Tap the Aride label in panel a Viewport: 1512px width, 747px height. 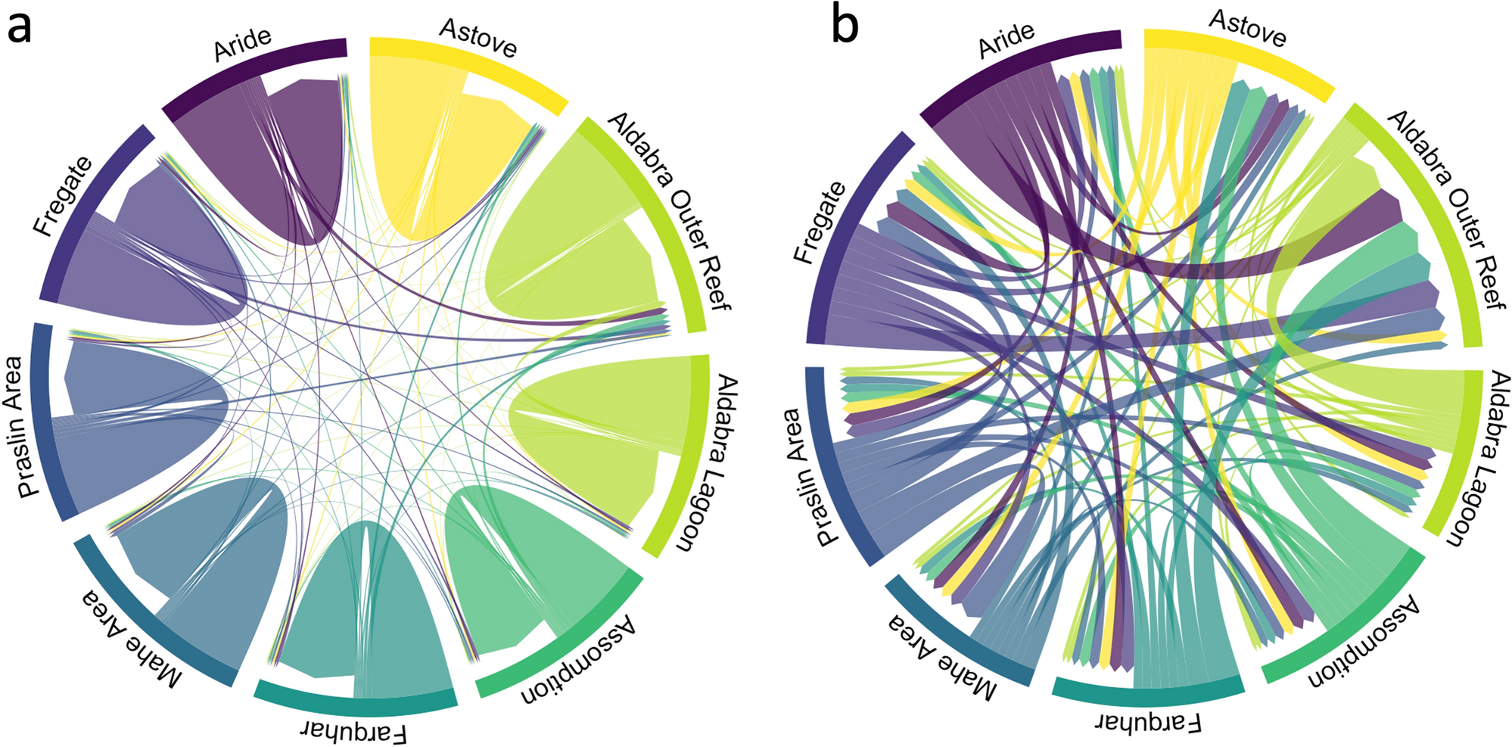click(242, 45)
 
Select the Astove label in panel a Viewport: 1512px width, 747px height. click(478, 39)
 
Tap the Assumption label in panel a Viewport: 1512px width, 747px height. click(578, 659)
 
